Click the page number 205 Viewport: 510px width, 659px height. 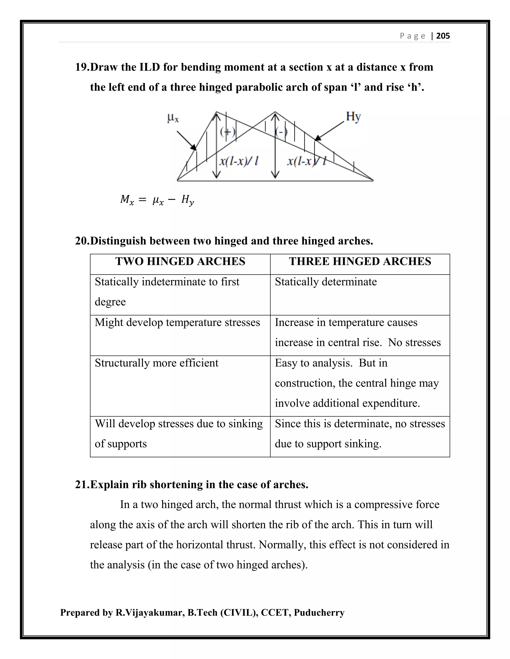443,36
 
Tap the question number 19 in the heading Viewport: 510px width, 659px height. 82,67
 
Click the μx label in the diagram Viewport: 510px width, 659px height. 173,117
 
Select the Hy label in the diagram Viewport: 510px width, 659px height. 353,116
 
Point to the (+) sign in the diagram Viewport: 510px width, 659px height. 227,132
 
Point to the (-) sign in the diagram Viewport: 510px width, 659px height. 281,132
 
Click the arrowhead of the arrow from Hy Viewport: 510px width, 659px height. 317,138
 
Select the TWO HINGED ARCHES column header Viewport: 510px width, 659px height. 180,261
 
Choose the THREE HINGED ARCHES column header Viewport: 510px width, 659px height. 360,261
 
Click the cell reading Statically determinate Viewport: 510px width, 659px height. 326,282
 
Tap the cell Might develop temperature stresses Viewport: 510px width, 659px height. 177,323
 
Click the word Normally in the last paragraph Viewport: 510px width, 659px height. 282,545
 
